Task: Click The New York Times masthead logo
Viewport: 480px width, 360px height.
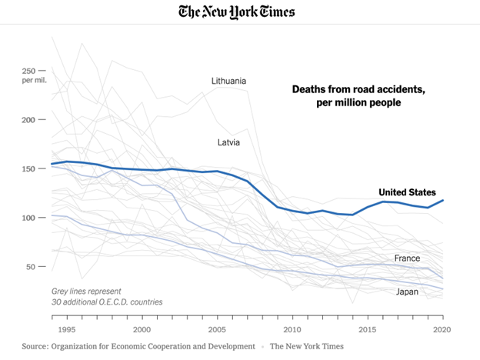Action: (237, 12)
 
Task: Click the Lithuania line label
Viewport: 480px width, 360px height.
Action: (228, 81)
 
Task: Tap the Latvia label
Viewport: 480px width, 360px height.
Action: (228, 142)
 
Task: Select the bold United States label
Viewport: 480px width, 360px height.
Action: (407, 192)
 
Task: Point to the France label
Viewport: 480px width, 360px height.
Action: (407, 258)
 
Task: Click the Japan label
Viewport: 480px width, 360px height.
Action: (407, 292)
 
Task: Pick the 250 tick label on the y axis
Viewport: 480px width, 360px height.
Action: (28, 71)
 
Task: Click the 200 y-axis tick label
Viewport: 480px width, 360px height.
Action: (28, 120)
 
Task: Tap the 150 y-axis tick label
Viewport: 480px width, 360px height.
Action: (28, 168)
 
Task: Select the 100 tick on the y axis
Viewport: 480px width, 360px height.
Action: (28, 218)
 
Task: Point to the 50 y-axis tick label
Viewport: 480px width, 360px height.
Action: (30, 267)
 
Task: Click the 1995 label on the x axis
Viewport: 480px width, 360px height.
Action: (67, 330)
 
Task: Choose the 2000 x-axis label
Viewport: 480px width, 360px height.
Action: (142, 330)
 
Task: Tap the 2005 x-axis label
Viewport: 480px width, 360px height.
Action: (217, 330)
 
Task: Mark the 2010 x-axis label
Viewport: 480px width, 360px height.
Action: (292, 330)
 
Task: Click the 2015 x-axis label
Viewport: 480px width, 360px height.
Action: (368, 330)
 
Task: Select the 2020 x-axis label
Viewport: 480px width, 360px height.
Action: (442, 330)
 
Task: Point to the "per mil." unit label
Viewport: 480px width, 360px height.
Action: (35, 81)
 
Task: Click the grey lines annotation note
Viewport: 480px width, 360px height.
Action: (107, 297)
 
